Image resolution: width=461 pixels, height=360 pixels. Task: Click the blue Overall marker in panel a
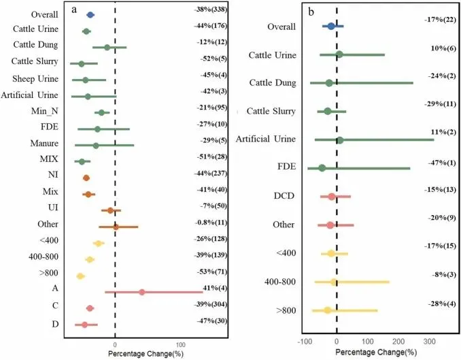pyautogui.click(x=90, y=14)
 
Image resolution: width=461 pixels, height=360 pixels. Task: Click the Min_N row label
pyautogui.click(x=43, y=112)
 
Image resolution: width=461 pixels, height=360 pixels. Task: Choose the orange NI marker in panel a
pyautogui.click(x=86, y=178)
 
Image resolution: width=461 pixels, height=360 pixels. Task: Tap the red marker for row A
pyautogui.click(x=141, y=292)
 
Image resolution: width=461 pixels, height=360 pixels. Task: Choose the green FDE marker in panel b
pyautogui.click(x=322, y=168)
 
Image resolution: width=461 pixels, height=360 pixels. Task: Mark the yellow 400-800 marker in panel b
pyautogui.click(x=334, y=282)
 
